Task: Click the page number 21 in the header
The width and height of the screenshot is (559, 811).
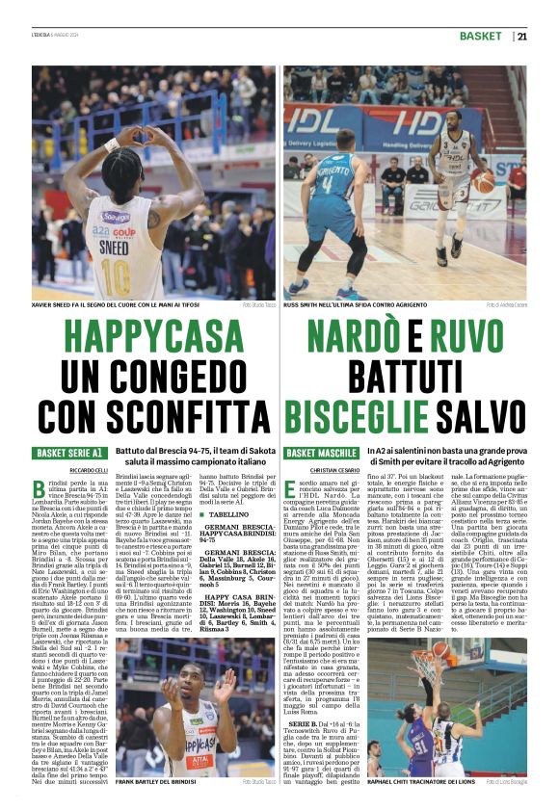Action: [521, 37]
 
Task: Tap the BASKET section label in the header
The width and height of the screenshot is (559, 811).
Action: [481, 37]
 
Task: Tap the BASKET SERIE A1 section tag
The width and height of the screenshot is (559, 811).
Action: [69, 452]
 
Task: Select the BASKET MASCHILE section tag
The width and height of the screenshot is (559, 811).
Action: [321, 452]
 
